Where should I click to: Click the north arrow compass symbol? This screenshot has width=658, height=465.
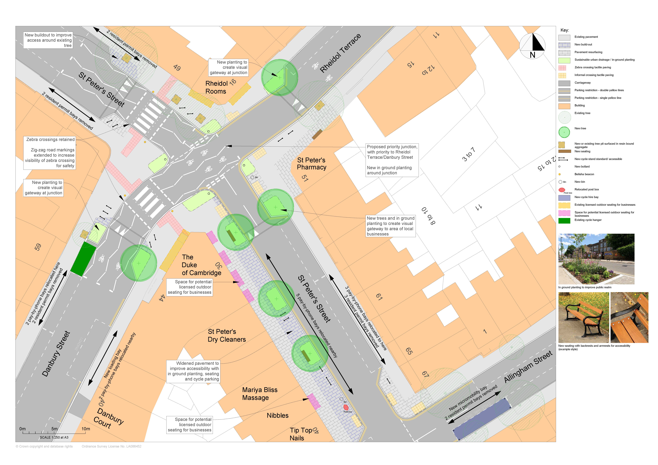[532, 46]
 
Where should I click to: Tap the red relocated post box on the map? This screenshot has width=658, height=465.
[346, 407]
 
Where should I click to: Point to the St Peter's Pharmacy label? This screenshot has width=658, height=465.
[312, 164]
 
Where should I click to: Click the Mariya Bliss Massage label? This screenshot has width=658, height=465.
[260, 394]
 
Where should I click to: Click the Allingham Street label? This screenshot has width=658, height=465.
[528, 367]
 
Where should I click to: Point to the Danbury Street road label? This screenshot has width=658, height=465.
[56, 354]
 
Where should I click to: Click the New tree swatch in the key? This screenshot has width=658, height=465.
[564, 132]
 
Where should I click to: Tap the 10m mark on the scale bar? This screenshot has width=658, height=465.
[85, 429]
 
